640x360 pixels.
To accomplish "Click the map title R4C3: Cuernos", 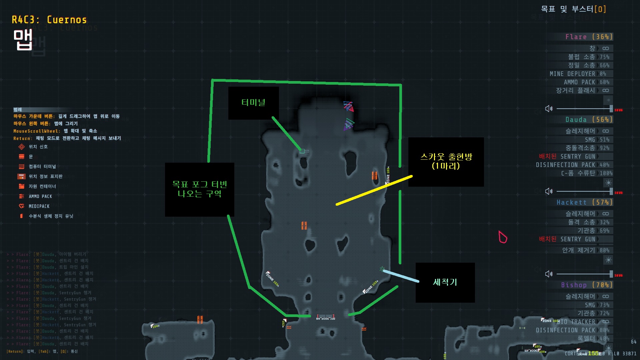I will (x=49, y=20).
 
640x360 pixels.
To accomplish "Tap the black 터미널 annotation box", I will (x=253, y=103).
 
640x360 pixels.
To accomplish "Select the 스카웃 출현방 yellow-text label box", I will (x=446, y=162).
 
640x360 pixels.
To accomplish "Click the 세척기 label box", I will (x=445, y=282).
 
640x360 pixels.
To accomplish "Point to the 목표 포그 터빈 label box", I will (x=199, y=189).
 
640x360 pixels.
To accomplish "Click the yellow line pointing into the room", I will (x=374, y=190).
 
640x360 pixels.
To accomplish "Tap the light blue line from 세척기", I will (x=401, y=276).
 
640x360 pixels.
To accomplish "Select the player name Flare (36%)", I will (x=589, y=37).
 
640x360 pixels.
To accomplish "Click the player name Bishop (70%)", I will (x=587, y=285).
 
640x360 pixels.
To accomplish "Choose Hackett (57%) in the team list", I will (x=584, y=202).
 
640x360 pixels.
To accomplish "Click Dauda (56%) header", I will (x=589, y=120).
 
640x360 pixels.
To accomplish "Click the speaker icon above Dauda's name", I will (x=549, y=109).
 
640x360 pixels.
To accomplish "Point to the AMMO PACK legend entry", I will (x=40, y=196).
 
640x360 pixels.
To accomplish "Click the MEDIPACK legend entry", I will (x=39, y=206).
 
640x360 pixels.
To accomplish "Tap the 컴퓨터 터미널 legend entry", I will (x=42, y=166).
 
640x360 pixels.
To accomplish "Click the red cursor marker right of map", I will (x=503, y=237).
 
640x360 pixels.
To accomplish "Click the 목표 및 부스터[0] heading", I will (x=573, y=9).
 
